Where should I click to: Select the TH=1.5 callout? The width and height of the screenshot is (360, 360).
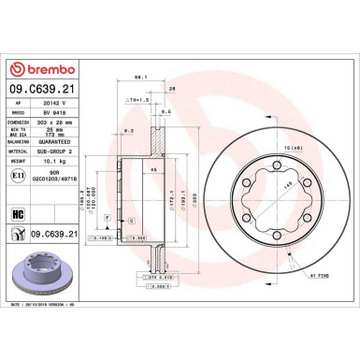[x=139, y=98]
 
